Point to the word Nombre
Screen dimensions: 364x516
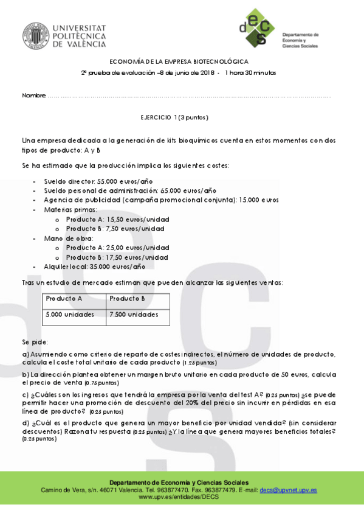pos(34,96)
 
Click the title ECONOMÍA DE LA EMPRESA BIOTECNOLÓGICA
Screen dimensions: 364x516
pos(178,61)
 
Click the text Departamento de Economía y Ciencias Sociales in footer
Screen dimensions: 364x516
pos(182,482)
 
